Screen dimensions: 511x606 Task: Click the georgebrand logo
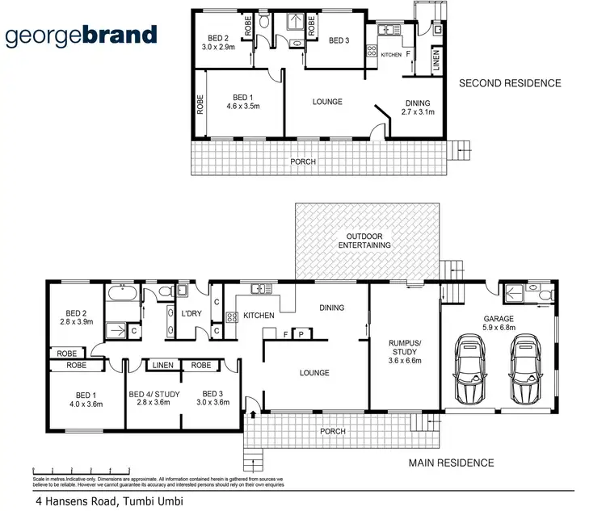(x=82, y=36)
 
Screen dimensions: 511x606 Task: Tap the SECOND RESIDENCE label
(x=509, y=83)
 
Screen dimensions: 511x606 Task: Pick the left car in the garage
(x=471, y=371)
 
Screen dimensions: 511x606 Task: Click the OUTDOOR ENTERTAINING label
(x=364, y=240)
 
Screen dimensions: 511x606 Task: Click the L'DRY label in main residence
(x=191, y=313)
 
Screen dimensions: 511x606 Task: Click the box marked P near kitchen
(x=301, y=333)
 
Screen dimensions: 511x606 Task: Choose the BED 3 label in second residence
(x=338, y=40)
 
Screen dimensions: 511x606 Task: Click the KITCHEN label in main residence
(x=259, y=315)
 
